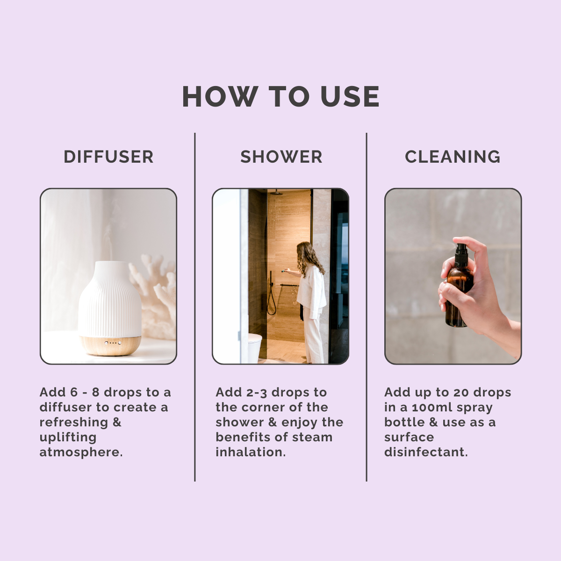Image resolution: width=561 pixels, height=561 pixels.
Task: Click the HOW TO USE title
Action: click(280, 96)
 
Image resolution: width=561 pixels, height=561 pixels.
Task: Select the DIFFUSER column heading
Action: click(108, 157)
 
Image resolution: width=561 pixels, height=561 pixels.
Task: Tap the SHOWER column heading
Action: click(281, 157)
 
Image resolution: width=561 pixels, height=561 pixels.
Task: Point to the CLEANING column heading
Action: click(453, 157)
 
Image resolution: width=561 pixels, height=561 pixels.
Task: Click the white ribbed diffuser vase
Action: click(110, 298)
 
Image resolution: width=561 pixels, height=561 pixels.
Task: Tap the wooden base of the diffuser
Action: click(110, 345)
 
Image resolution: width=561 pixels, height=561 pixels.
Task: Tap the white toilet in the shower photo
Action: click(255, 348)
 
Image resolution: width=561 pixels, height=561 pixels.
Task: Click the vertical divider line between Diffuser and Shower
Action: click(195, 307)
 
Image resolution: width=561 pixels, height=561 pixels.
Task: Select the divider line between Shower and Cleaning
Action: click(367, 307)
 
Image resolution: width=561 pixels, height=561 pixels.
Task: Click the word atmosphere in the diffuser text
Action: click(81, 453)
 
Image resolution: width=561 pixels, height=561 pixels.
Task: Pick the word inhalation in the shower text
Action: click(251, 453)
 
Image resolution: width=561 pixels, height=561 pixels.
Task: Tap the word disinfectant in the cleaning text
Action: click(426, 453)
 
